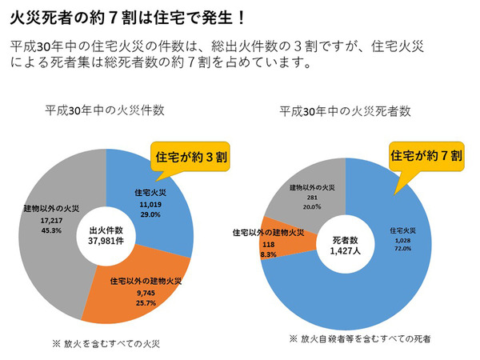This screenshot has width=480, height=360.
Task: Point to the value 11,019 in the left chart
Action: point(150,205)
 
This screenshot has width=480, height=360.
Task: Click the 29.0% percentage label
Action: point(150,214)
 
